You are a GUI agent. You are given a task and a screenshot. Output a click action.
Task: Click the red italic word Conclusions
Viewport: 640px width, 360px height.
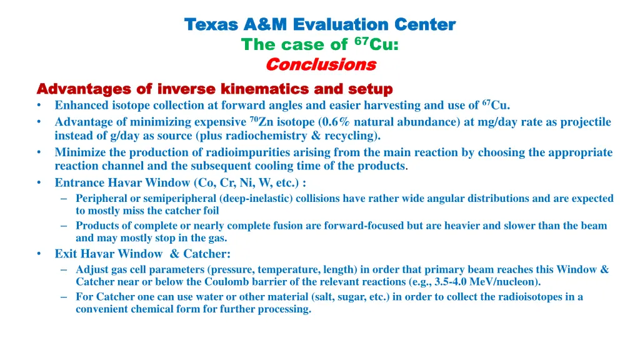321,64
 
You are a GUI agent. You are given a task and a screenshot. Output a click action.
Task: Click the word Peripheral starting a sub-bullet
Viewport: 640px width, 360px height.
102,198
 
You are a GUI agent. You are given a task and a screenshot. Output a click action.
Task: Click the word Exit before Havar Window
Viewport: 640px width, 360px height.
66,254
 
